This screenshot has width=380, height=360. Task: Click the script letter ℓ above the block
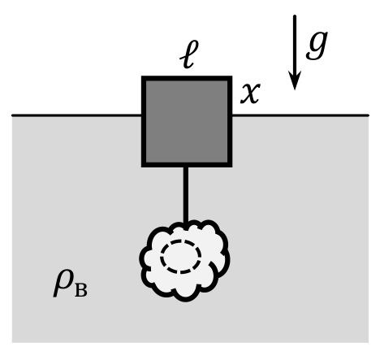(189, 54)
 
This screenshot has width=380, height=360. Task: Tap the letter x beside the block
(251, 93)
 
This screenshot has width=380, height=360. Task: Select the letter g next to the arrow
(317, 46)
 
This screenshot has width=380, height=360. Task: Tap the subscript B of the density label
(81, 290)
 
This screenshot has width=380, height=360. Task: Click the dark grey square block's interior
(187, 122)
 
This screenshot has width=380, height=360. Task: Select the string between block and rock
(186, 194)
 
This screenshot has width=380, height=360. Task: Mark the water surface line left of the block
(76, 115)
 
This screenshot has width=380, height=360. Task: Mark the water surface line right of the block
(300, 115)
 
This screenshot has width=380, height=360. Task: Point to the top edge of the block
(187, 79)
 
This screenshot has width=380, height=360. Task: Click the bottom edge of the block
(187, 165)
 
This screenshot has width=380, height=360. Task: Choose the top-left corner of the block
(142, 76)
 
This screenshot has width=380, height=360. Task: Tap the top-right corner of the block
(232, 76)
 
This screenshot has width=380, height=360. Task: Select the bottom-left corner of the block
(142, 167)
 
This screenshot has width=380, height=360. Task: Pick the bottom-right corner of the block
(232, 167)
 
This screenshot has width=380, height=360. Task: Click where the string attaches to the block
(186, 167)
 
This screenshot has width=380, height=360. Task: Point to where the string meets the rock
(186, 223)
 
